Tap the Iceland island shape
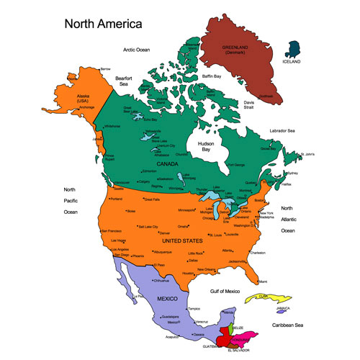[x=294, y=50]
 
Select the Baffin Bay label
[x=212, y=76]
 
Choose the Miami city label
[x=264, y=280]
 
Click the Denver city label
[x=164, y=233]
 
